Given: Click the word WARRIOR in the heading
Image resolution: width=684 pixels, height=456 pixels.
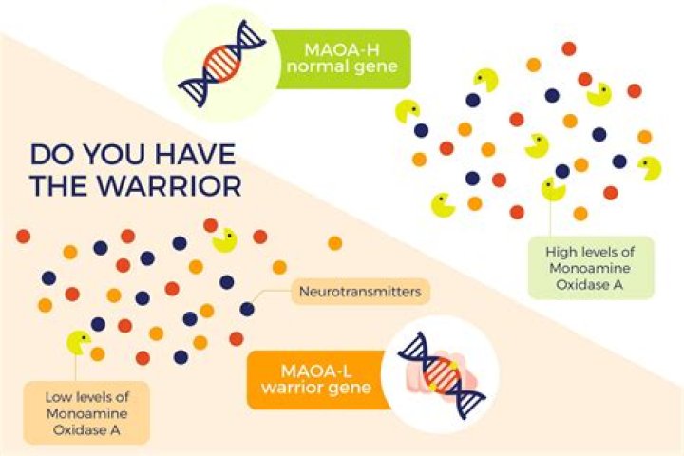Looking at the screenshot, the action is [x=169, y=186].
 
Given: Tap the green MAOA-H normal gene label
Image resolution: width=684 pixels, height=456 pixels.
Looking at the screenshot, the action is [x=341, y=59].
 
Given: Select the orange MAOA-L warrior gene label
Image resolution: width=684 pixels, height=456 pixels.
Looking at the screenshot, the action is [x=317, y=380].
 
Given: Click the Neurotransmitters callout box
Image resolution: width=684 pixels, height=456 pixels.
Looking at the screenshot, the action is [x=360, y=291].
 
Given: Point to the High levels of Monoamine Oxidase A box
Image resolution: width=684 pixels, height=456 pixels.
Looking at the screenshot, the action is [x=591, y=268].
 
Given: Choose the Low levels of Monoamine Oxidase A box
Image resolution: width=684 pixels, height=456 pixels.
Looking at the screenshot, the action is [x=86, y=413].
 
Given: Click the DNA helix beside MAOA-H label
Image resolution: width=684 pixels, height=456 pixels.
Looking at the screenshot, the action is [x=222, y=64].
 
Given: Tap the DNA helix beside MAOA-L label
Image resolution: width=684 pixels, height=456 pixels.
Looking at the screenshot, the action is [x=442, y=375].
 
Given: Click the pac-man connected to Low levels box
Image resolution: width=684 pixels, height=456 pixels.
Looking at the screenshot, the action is [x=79, y=343].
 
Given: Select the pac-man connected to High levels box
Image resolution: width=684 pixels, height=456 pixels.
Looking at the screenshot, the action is [x=553, y=189].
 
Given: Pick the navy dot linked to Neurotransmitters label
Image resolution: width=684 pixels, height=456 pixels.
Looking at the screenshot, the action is [x=247, y=310].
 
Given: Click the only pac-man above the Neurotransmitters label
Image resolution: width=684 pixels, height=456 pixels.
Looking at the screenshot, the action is [x=224, y=240].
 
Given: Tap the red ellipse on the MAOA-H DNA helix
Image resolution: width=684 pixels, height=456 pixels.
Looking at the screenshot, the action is [x=222, y=64].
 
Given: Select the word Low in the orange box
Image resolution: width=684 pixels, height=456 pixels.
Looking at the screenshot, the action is [x=56, y=397].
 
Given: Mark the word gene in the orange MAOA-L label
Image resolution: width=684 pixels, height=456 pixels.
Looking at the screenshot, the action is [x=351, y=388].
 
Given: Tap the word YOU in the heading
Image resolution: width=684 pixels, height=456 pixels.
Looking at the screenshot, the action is [x=116, y=155].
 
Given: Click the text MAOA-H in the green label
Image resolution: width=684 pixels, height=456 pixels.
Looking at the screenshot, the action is [x=342, y=49].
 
